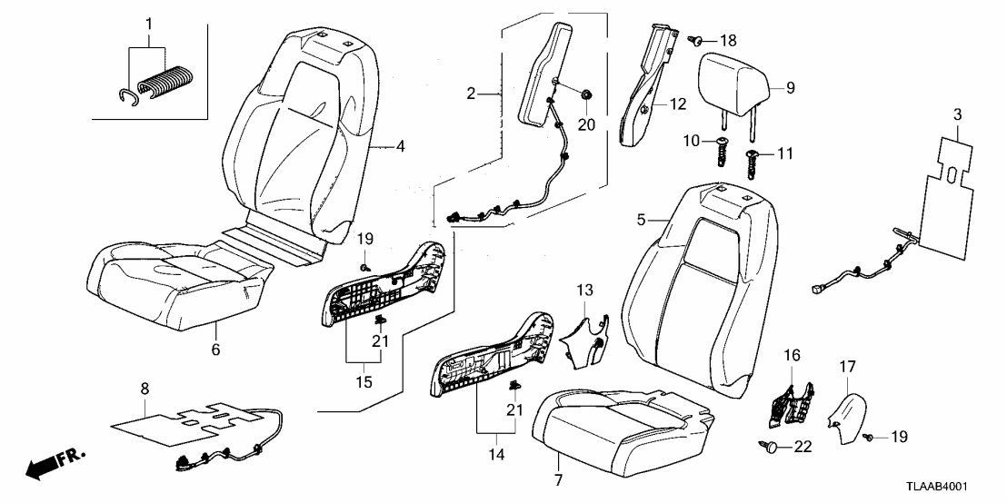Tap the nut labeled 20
tap(586, 93)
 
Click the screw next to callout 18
tap(695, 39)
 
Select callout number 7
tap(559, 478)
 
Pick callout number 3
tap(956, 114)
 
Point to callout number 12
tap(679, 104)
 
